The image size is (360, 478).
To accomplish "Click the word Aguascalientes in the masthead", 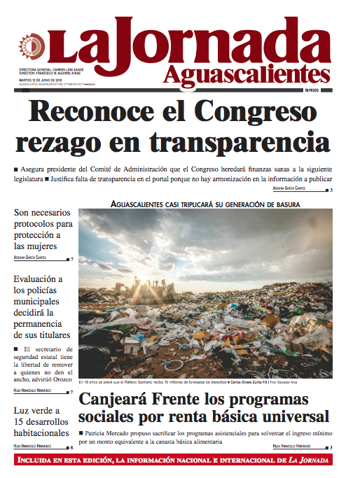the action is pyautogui.click(x=247, y=73).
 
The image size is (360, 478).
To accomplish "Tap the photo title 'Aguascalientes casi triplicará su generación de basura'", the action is pyautogui.click(x=205, y=204).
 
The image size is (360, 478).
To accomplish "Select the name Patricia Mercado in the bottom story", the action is pyautogui.click(x=110, y=433).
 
